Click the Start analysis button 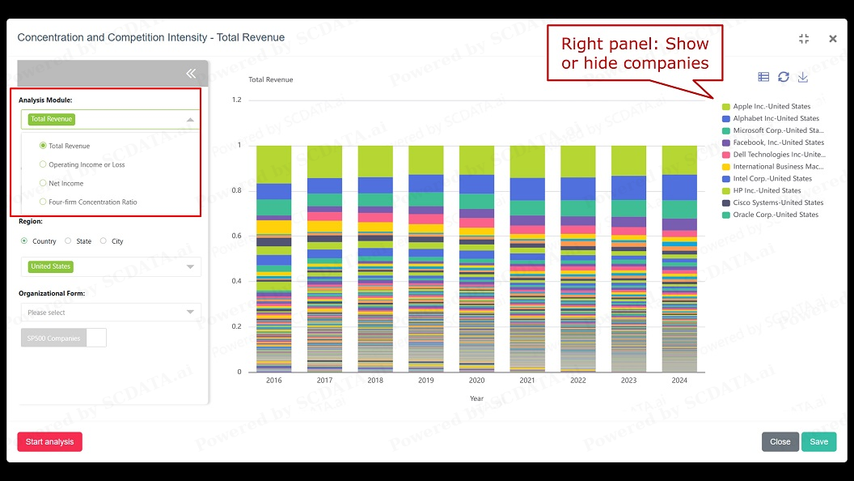pyautogui.click(x=49, y=441)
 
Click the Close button pyautogui.click(x=780, y=441)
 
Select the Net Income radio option pyautogui.click(x=44, y=183)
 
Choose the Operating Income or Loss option pyautogui.click(x=44, y=164)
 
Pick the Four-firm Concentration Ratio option pyautogui.click(x=44, y=202)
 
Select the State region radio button pyautogui.click(x=70, y=241)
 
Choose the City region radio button pyautogui.click(x=104, y=241)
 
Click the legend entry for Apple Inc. pyautogui.click(x=771, y=106)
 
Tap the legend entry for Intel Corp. pyautogui.click(x=772, y=178)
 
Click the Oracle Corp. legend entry pyautogui.click(x=775, y=215)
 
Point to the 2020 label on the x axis pyautogui.click(x=476, y=381)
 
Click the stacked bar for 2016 pyautogui.click(x=273, y=259)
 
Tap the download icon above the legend pyautogui.click(x=803, y=77)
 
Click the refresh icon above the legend pyautogui.click(x=784, y=77)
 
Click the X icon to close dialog pyautogui.click(x=833, y=38)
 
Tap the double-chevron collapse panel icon pyautogui.click(x=191, y=74)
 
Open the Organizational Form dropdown pyautogui.click(x=111, y=312)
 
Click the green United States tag pyautogui.click(x=51, y=266)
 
